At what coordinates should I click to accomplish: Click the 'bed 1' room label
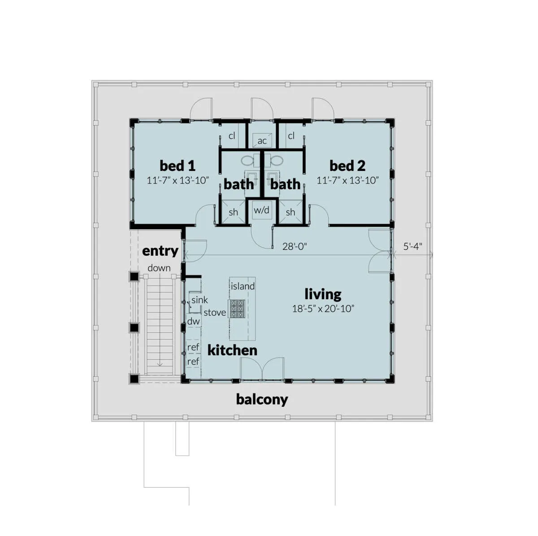click(x=177, y=166)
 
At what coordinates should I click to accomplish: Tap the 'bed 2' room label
click(x=347, y=166)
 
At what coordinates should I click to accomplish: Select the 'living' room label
click(x=323, y=294)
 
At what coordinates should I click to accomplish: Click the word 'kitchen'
click(x=232, y=350)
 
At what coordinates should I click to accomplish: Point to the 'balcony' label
click(x=262, y=400)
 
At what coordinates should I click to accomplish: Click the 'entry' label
click(x=160, y=251)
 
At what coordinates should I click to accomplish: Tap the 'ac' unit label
click(x=262, y=141)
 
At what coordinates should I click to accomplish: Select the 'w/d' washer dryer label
click(x=261, y=210)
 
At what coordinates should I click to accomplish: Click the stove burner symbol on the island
click(x=237, y=309)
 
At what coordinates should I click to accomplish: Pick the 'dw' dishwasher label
click(x=194, y=321)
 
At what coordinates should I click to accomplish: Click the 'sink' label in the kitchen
click(x=200, y=300)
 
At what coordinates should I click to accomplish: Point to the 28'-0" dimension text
click(x=295, y=246)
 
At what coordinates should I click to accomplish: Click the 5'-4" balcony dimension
click(x=412, y=246)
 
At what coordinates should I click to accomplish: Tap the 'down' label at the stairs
click(x=159, y=268)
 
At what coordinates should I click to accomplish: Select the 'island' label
click(x=243, y=286)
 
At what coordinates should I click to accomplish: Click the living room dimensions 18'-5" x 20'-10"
click(x=323, y=309)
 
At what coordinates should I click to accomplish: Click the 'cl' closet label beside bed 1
click(x=232, y=136)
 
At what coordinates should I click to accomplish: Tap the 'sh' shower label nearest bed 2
click(x=291, y=212)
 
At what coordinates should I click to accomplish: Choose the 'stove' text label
click(x=215, y=313)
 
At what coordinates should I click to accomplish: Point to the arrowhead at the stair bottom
click(x=160, y=365)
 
